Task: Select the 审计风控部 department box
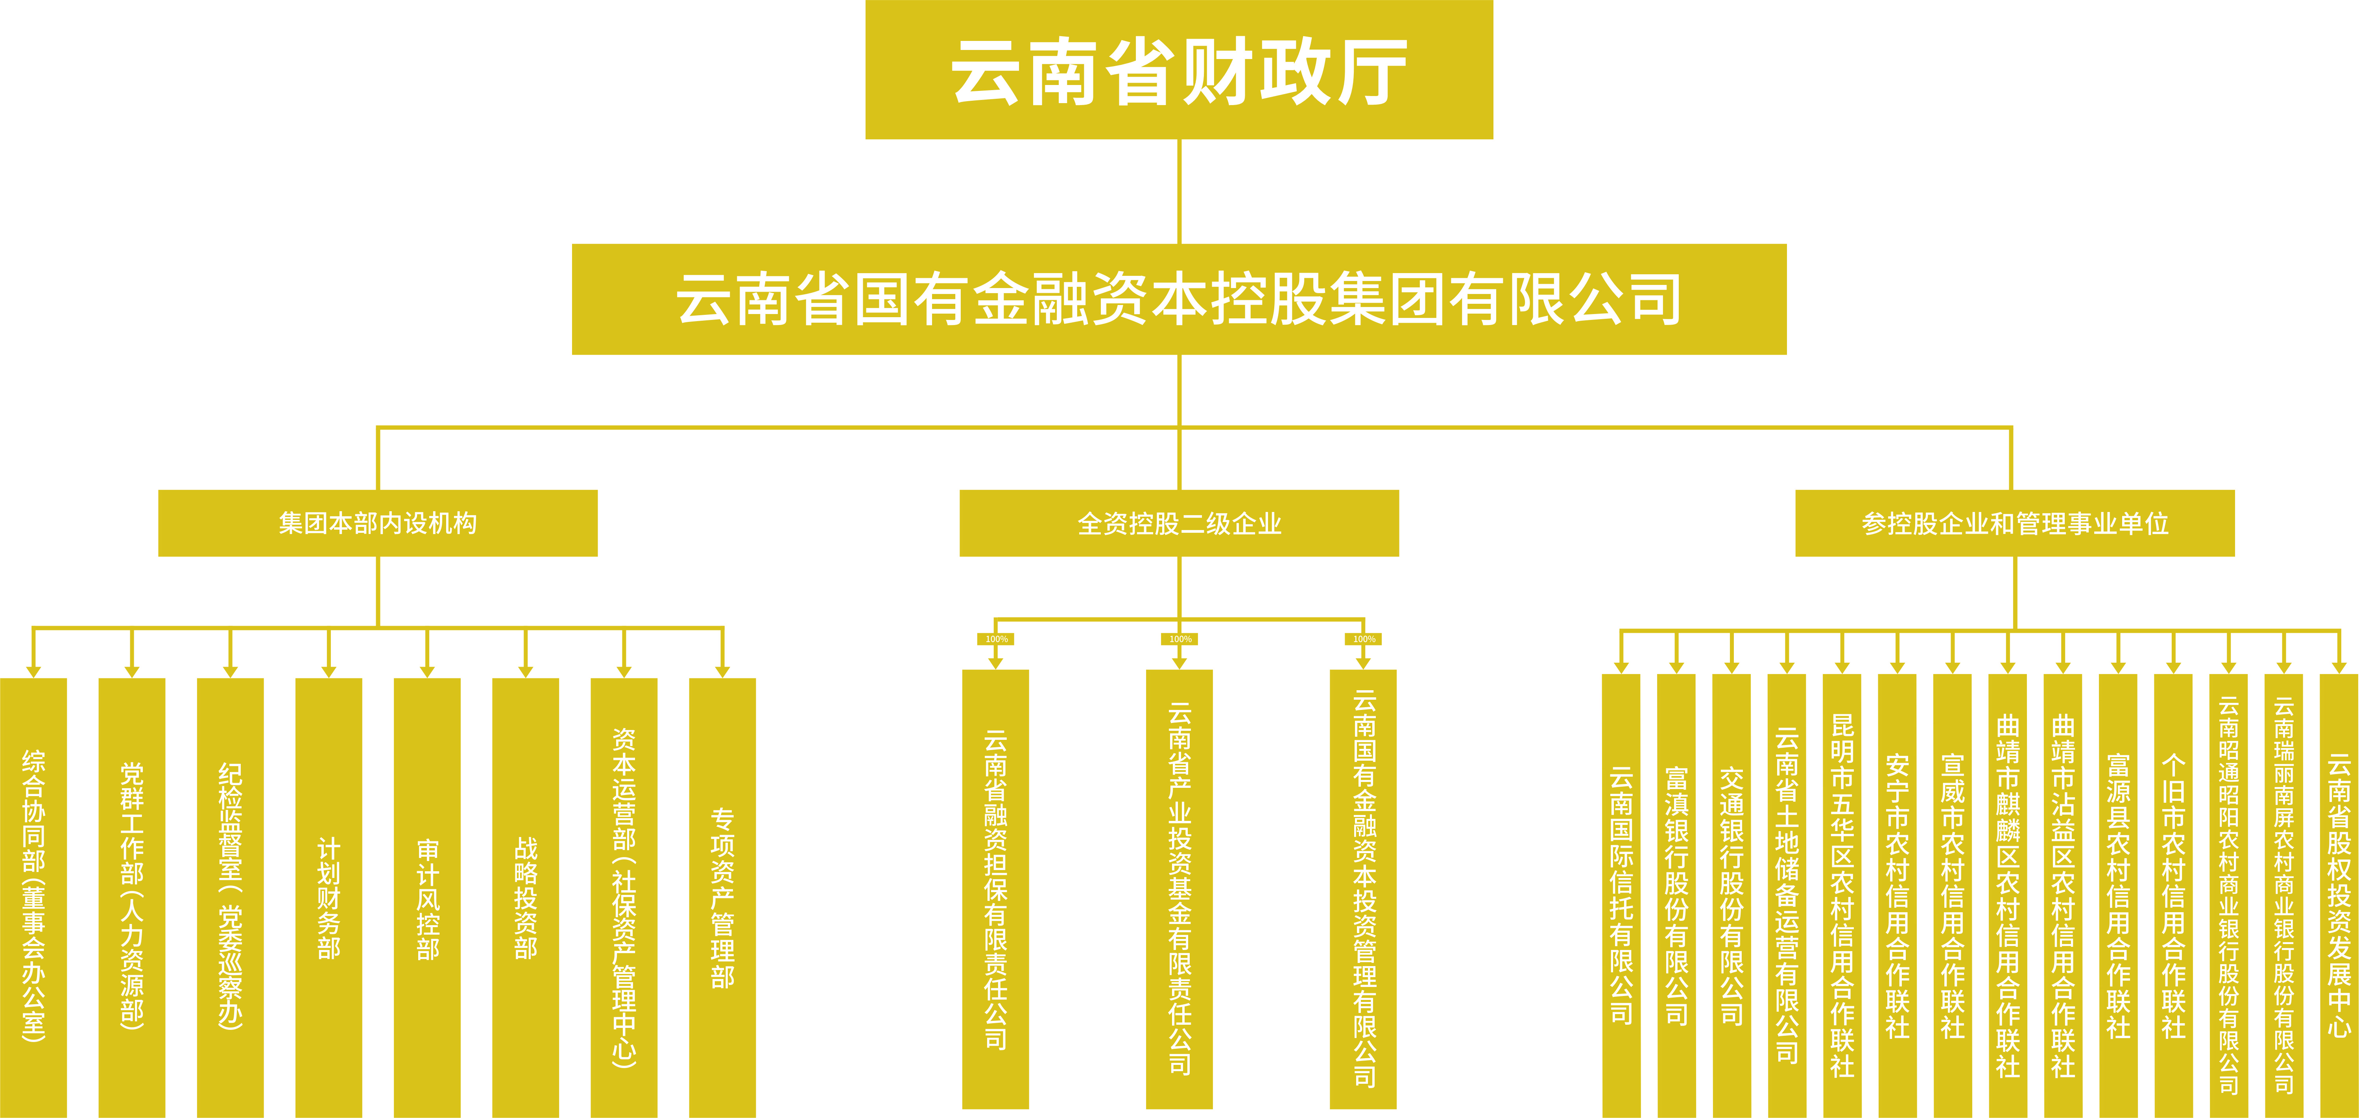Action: coord(427,897)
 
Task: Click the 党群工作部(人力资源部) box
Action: coord(132,897)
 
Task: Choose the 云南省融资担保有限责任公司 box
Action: coord(995,888)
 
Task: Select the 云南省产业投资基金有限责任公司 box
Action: coord(1179,888)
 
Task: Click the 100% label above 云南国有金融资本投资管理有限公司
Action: coord(1364,639)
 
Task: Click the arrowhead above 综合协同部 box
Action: coord(34,671)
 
